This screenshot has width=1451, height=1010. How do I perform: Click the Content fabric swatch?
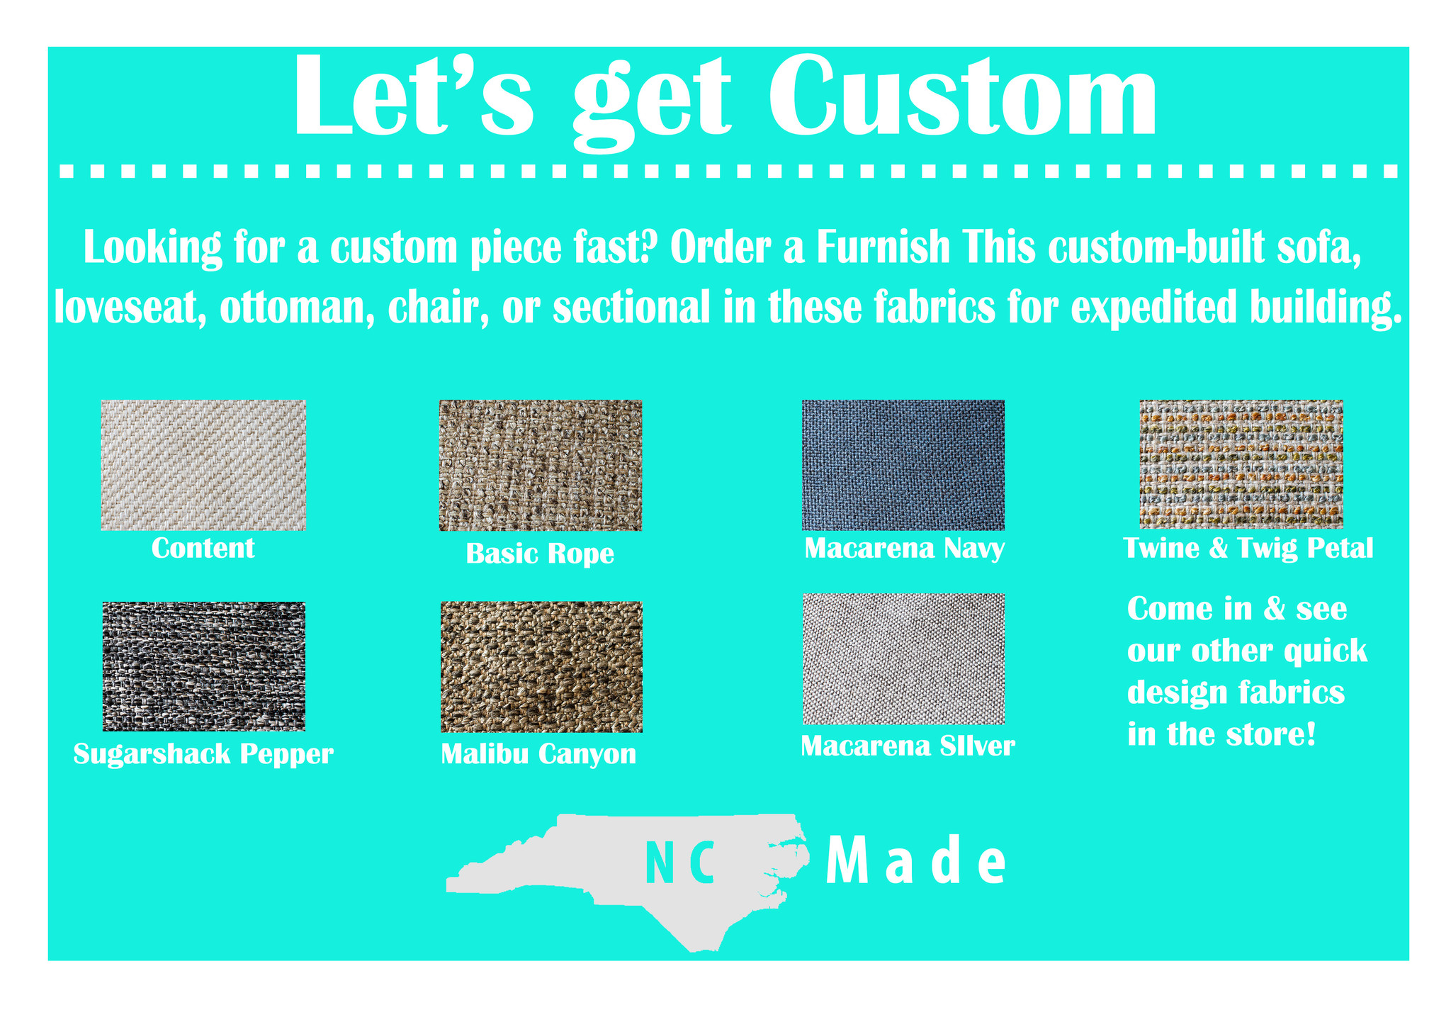(x=203, y=465)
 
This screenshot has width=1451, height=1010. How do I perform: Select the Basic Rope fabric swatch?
(x=541, y=466)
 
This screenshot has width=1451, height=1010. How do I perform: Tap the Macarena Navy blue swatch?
(x=903, y=465)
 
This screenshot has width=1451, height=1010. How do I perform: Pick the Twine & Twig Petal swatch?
(x=1241, y=464)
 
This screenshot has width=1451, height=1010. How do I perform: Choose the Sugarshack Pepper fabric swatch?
(x=204, y=666)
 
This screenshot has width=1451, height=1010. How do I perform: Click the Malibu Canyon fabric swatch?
(x=542, y=667)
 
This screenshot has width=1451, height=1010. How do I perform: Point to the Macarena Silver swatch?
(x=904, y=659)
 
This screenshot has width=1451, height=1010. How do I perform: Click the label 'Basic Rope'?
(x=540, y=554)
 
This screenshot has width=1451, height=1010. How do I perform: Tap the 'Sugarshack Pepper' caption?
(x=203, y=754)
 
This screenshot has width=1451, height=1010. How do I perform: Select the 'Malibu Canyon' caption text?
(x=538, y=754)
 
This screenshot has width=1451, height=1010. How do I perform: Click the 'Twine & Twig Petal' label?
(x=1248, y=549)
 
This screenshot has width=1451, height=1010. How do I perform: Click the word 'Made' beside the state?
(x=916, y=861)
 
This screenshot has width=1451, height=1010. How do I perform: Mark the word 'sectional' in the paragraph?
(x=632, y=308)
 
